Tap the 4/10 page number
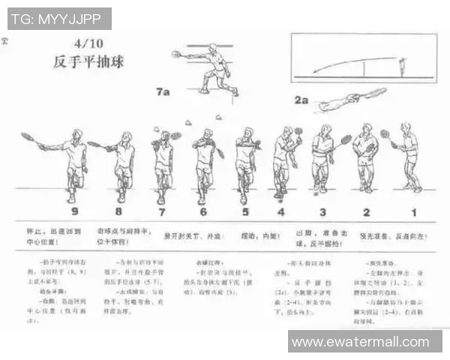pyautogui.click(x=87, y=43)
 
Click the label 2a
pyautogui.click(x=301, y=99)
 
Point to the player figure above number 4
pyautogui.click(x=282, y=161)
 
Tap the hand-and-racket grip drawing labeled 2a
pyautogui.click(x=352, y=100)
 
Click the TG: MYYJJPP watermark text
pyautogui.click(x=58, y=19)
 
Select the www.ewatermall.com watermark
pyautogui.click(x=365, y=342)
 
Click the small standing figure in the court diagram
pyautogui.click(x=402, y=67)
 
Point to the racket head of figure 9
pyautogui.click(x=27, y=137)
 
